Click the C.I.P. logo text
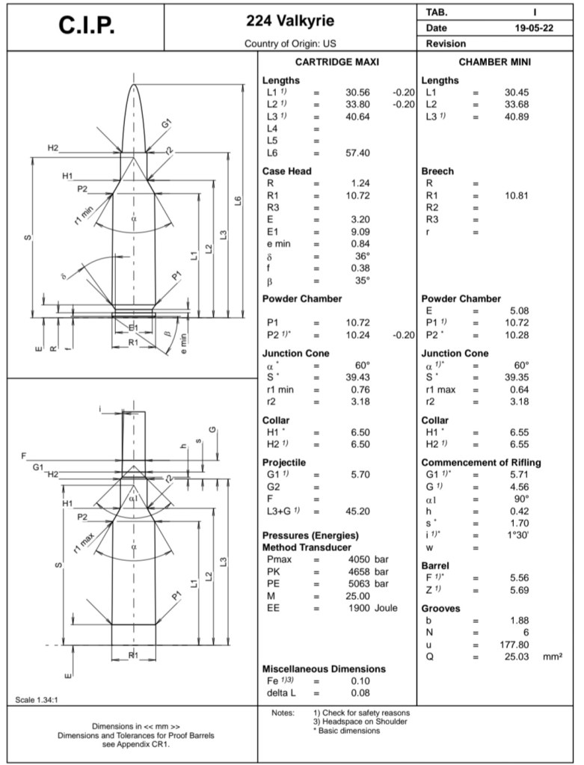tap(87, 26)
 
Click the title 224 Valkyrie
tap(290, 21)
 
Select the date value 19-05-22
tap(534, 28)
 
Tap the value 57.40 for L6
tap(357, 153)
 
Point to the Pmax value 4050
tap(359, 559)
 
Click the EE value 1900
tap(359, 609)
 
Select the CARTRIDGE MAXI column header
tap(337, 62)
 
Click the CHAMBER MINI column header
tap(495, 62)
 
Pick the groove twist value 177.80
tap(514, 645)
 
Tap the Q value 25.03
tap(517, 657)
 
